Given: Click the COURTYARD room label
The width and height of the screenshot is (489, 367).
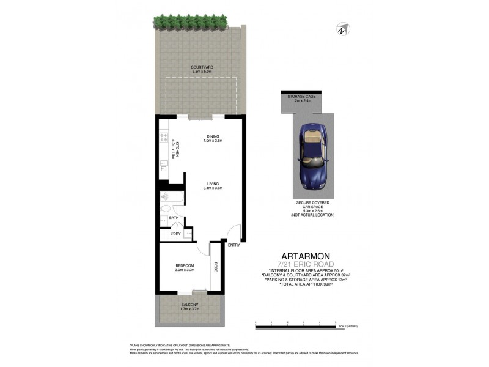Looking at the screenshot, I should (201, 67).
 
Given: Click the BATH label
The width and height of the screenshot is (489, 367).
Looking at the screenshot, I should (174, 218).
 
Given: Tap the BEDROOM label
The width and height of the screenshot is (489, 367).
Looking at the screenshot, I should (185, 265).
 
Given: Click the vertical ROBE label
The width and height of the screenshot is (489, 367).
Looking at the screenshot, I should (215, 267).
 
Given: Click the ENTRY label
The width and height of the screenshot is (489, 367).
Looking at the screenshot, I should (233, 245).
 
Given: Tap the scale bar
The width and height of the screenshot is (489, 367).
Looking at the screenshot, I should (296, 327).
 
